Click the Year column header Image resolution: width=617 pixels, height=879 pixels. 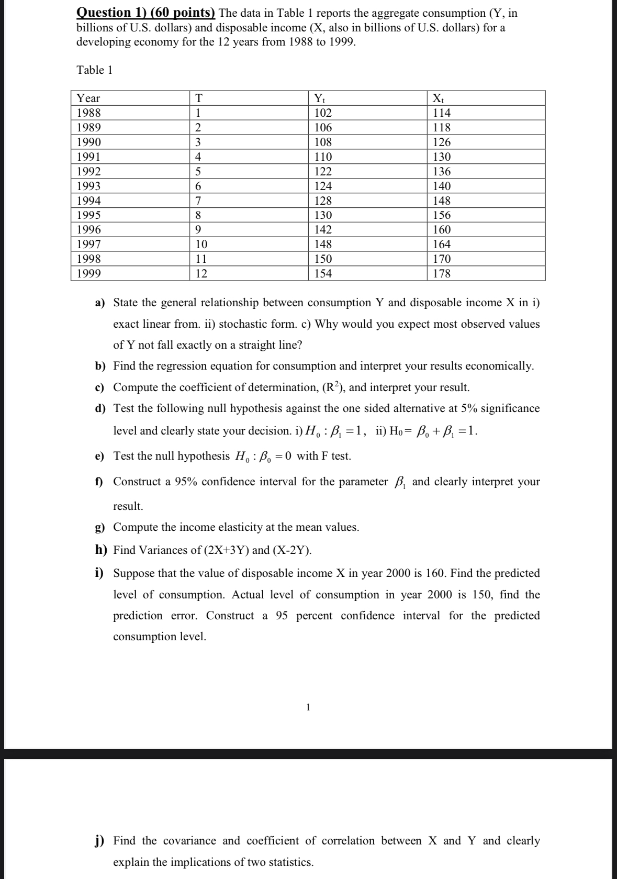(x=88, y=98)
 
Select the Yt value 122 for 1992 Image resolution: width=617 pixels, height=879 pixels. (x=323, y=172)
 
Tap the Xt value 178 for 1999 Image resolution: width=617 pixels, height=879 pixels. (x=442, y=273)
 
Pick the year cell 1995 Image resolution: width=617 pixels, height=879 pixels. (x=89, y=215)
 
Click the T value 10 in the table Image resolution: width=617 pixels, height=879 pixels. (x=201, y=244)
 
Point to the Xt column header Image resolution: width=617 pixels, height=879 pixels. (x=439, y=98)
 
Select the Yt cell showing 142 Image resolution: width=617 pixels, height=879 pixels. (x=323, y=230)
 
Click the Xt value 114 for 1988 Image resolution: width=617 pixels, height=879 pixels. (x=442, y=113)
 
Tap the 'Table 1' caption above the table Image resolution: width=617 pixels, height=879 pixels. (x=95, y=70)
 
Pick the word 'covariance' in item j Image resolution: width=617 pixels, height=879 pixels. (x=189, y=841)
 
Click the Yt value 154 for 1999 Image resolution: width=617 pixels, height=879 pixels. (x=323, y=273)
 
